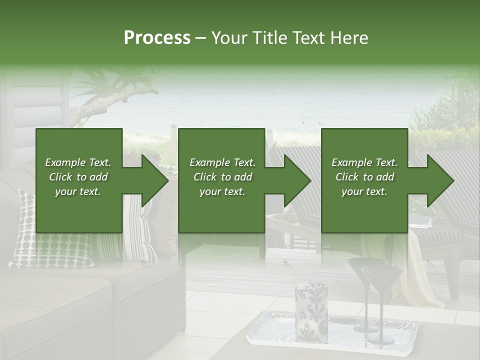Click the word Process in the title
point(157,38)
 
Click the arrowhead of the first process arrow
point(154,180)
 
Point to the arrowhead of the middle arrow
point(297,180)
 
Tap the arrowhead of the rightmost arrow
point(440,180)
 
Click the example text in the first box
point(78,177)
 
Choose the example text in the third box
point(364,177)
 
